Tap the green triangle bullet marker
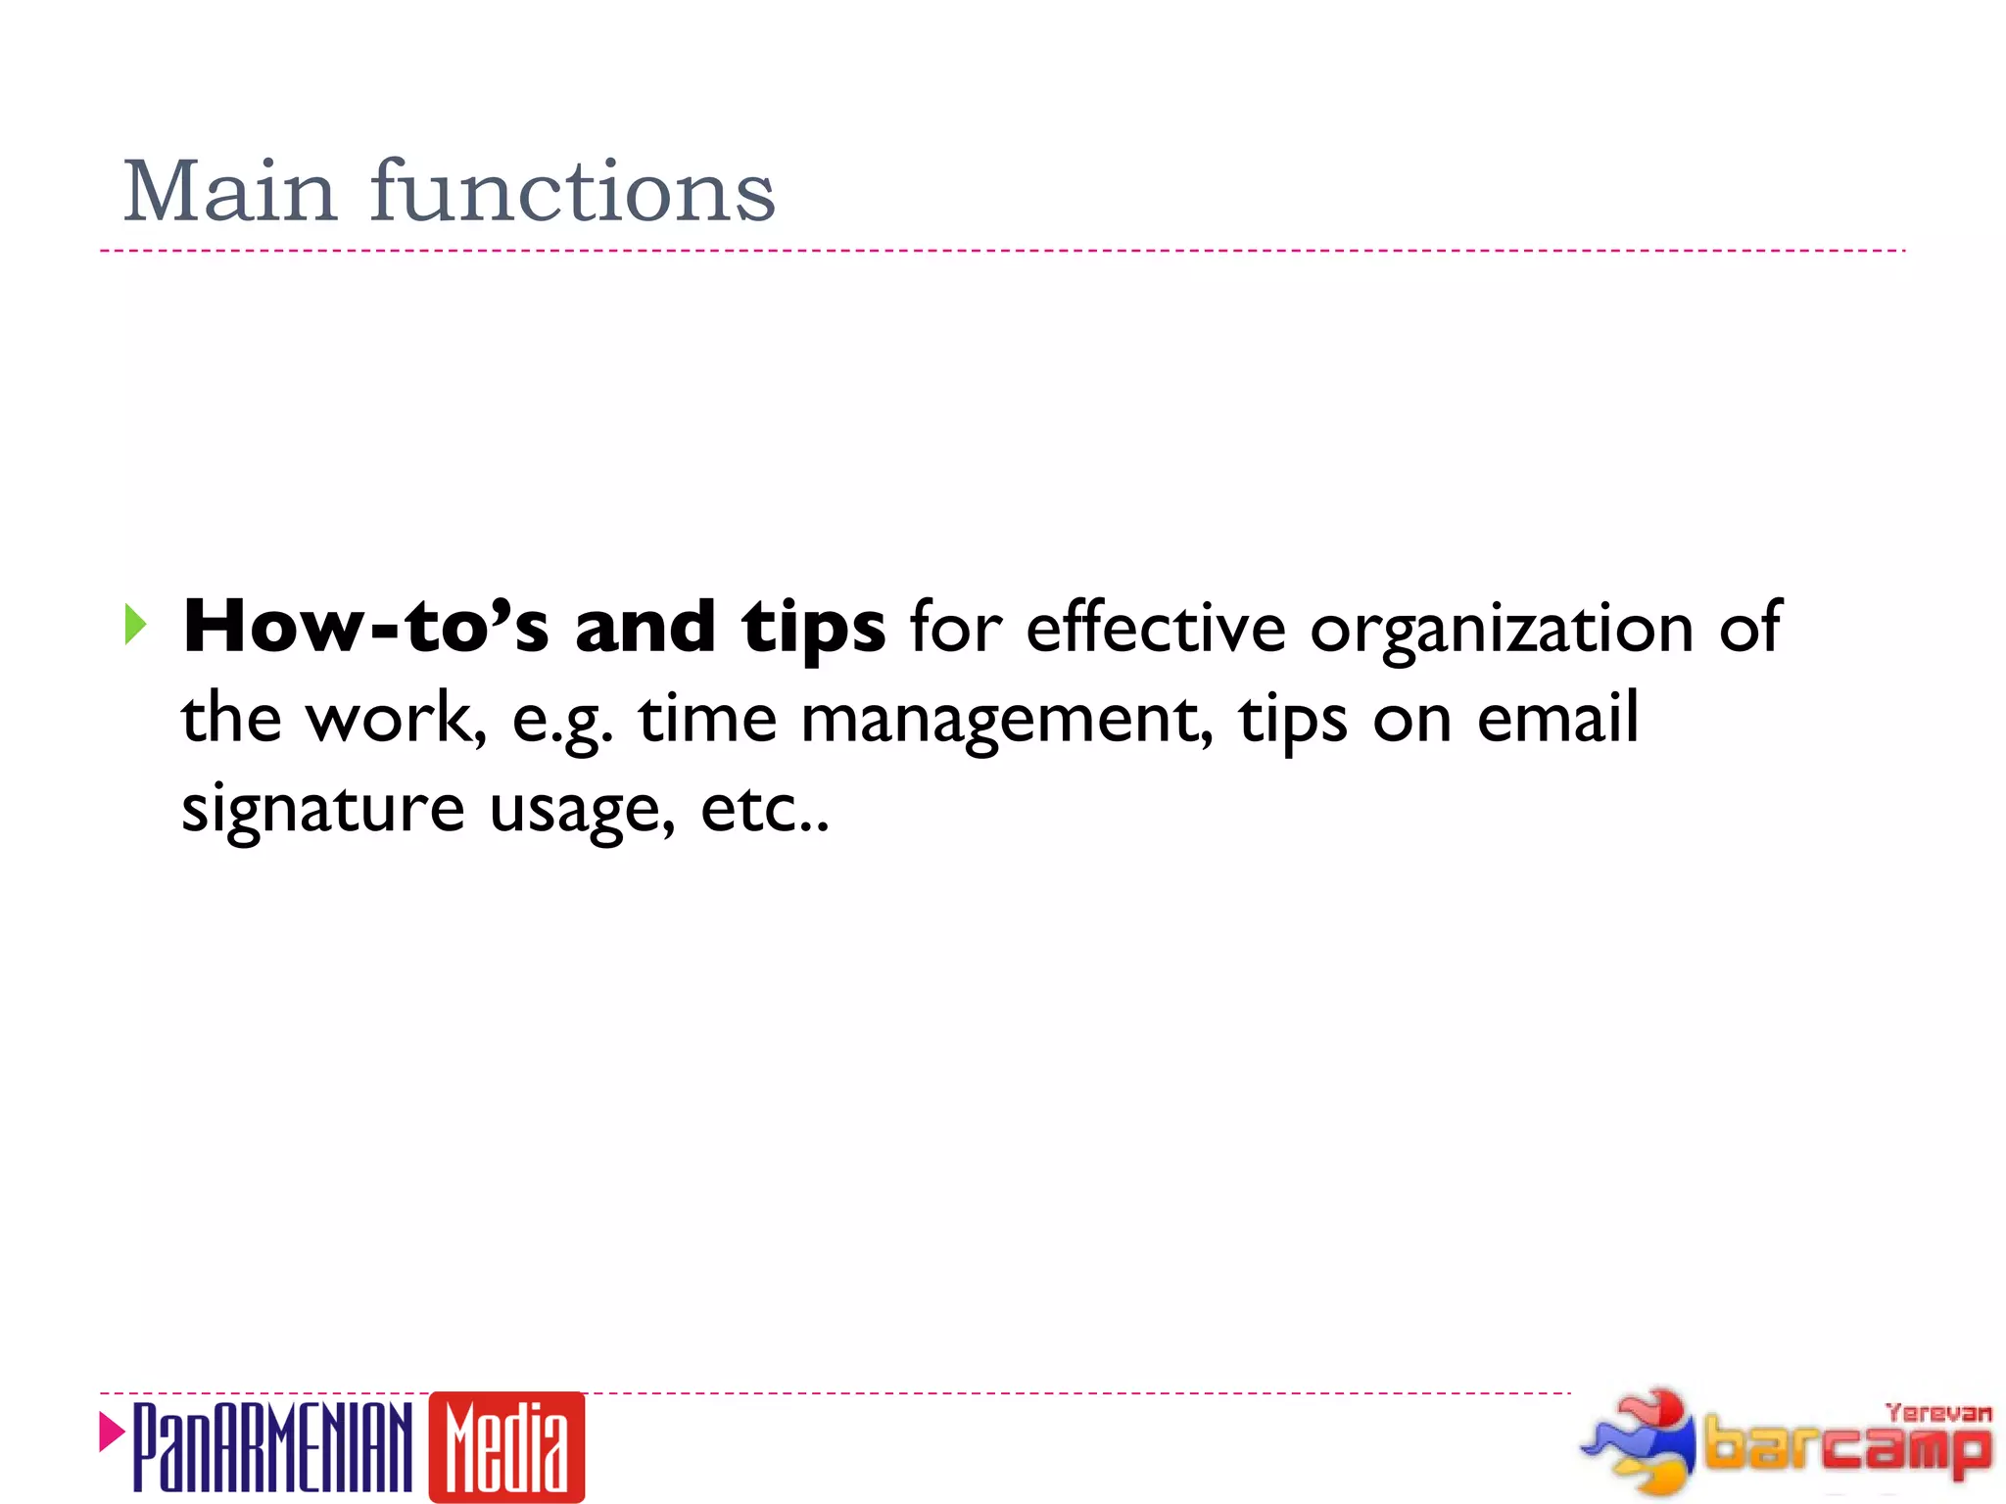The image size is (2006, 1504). [x=135, y=625]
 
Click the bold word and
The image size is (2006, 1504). [x=645, y=627]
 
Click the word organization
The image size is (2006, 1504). [x=1502, y=630]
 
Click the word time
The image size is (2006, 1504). [x=707, y=718]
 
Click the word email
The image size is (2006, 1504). [x=1557, y=718]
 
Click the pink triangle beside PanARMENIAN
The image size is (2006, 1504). [x=112, y=1433]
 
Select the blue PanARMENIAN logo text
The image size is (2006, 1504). [x=272, y=1447]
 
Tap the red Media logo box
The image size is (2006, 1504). [x=506, y=1447]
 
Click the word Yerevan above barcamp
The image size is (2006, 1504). [x=1937, y=1413]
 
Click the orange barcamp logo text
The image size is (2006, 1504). [x=1846, y=1447]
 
